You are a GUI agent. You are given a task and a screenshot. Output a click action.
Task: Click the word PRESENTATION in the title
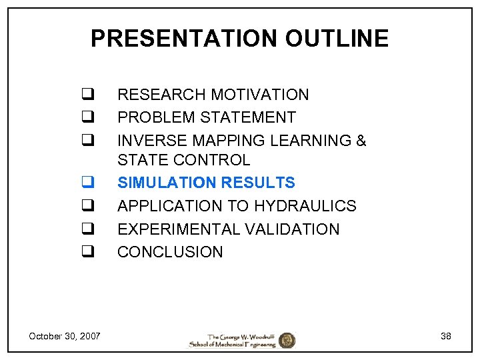tap(185, 39)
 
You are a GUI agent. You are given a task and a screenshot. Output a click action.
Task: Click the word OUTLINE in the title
tap(337, 39)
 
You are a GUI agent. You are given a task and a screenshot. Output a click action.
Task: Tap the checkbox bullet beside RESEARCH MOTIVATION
tap(87, 95)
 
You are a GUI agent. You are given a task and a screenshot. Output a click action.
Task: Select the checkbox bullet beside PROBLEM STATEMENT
tap(87, 117)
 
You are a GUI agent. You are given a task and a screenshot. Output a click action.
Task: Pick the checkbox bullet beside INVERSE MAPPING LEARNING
tap(87, 141)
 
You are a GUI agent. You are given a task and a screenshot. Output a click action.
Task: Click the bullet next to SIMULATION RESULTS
tap(87, 183)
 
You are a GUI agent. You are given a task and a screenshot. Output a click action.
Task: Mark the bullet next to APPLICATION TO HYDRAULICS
tap(87, 206)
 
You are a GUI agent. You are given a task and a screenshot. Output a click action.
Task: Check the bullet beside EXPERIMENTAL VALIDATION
tap(87, 229)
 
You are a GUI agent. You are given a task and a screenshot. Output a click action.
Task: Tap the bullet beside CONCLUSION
tap(87, 252)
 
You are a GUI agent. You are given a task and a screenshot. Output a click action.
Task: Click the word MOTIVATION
tap(261, 95)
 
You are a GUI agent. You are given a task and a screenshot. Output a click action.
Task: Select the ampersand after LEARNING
tap(361, 141)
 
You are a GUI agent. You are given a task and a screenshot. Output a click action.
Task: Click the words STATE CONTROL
tap(183, 160)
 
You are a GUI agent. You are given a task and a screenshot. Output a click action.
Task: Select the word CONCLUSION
tap(170, 252)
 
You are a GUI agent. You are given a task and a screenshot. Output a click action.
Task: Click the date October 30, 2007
tap(65, 336)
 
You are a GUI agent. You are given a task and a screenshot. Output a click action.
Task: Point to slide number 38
tap(446, 336)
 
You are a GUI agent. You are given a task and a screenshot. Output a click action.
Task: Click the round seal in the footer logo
tap(287, 340)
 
